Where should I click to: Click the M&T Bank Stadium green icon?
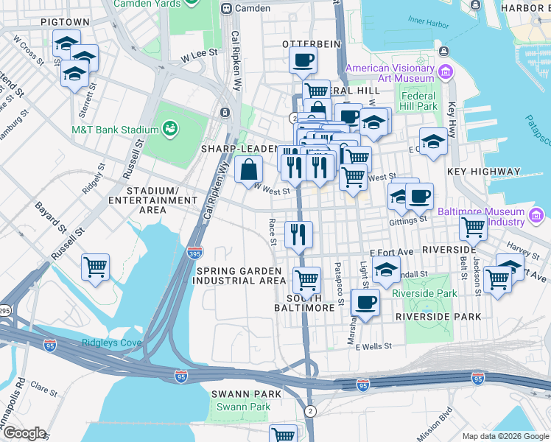pos(170,130)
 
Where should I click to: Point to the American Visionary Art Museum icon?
pos(444,72)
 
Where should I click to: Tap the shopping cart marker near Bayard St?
pos(95,267)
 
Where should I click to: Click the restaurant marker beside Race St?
pos(298,235)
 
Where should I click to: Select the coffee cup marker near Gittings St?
pos(419,197)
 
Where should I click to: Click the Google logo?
pos(25,433)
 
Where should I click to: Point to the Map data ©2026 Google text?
pos(505,436)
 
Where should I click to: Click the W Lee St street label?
pos(200,53)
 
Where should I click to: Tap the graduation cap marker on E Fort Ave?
pos(386,270)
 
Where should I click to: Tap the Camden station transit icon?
pos(228,8)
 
